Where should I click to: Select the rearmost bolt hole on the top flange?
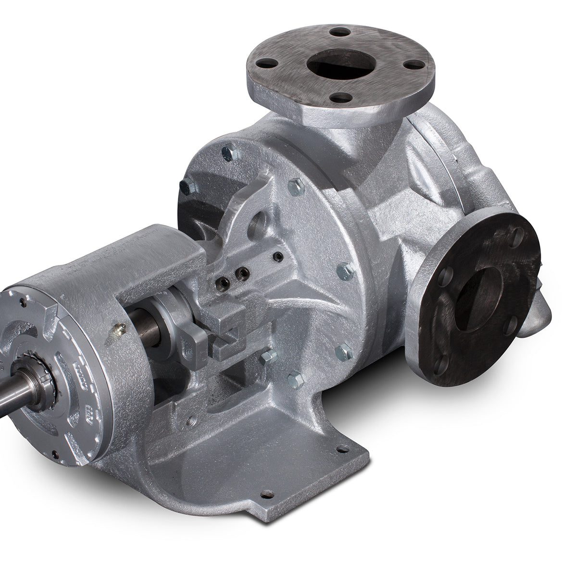tap(341, 32)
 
